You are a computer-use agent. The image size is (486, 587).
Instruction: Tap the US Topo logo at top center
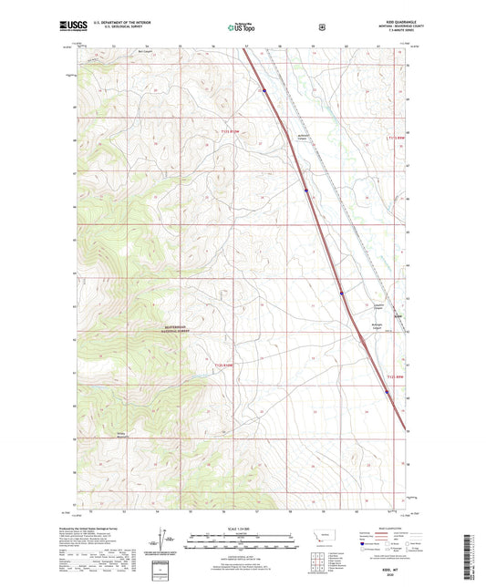point(242,27)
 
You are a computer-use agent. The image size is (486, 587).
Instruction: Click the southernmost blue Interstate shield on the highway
point(386,393)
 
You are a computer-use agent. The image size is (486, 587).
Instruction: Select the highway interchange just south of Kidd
point(364,339)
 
